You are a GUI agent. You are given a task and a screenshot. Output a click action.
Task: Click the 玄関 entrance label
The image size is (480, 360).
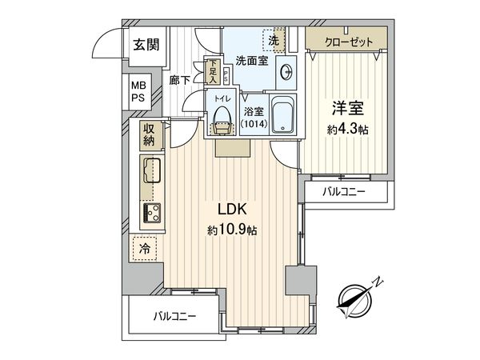coord(145,45)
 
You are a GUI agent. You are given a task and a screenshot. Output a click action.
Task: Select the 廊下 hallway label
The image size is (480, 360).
coord(179,79)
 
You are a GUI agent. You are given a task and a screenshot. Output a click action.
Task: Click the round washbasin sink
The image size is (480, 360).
coord(287,71)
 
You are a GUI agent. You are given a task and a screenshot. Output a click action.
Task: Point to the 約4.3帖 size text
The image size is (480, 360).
coord(345,130)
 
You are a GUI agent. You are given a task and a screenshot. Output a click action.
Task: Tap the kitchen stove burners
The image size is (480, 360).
coord(150,212)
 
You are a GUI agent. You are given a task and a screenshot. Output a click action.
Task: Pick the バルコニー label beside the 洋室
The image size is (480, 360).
coord(344,192)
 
